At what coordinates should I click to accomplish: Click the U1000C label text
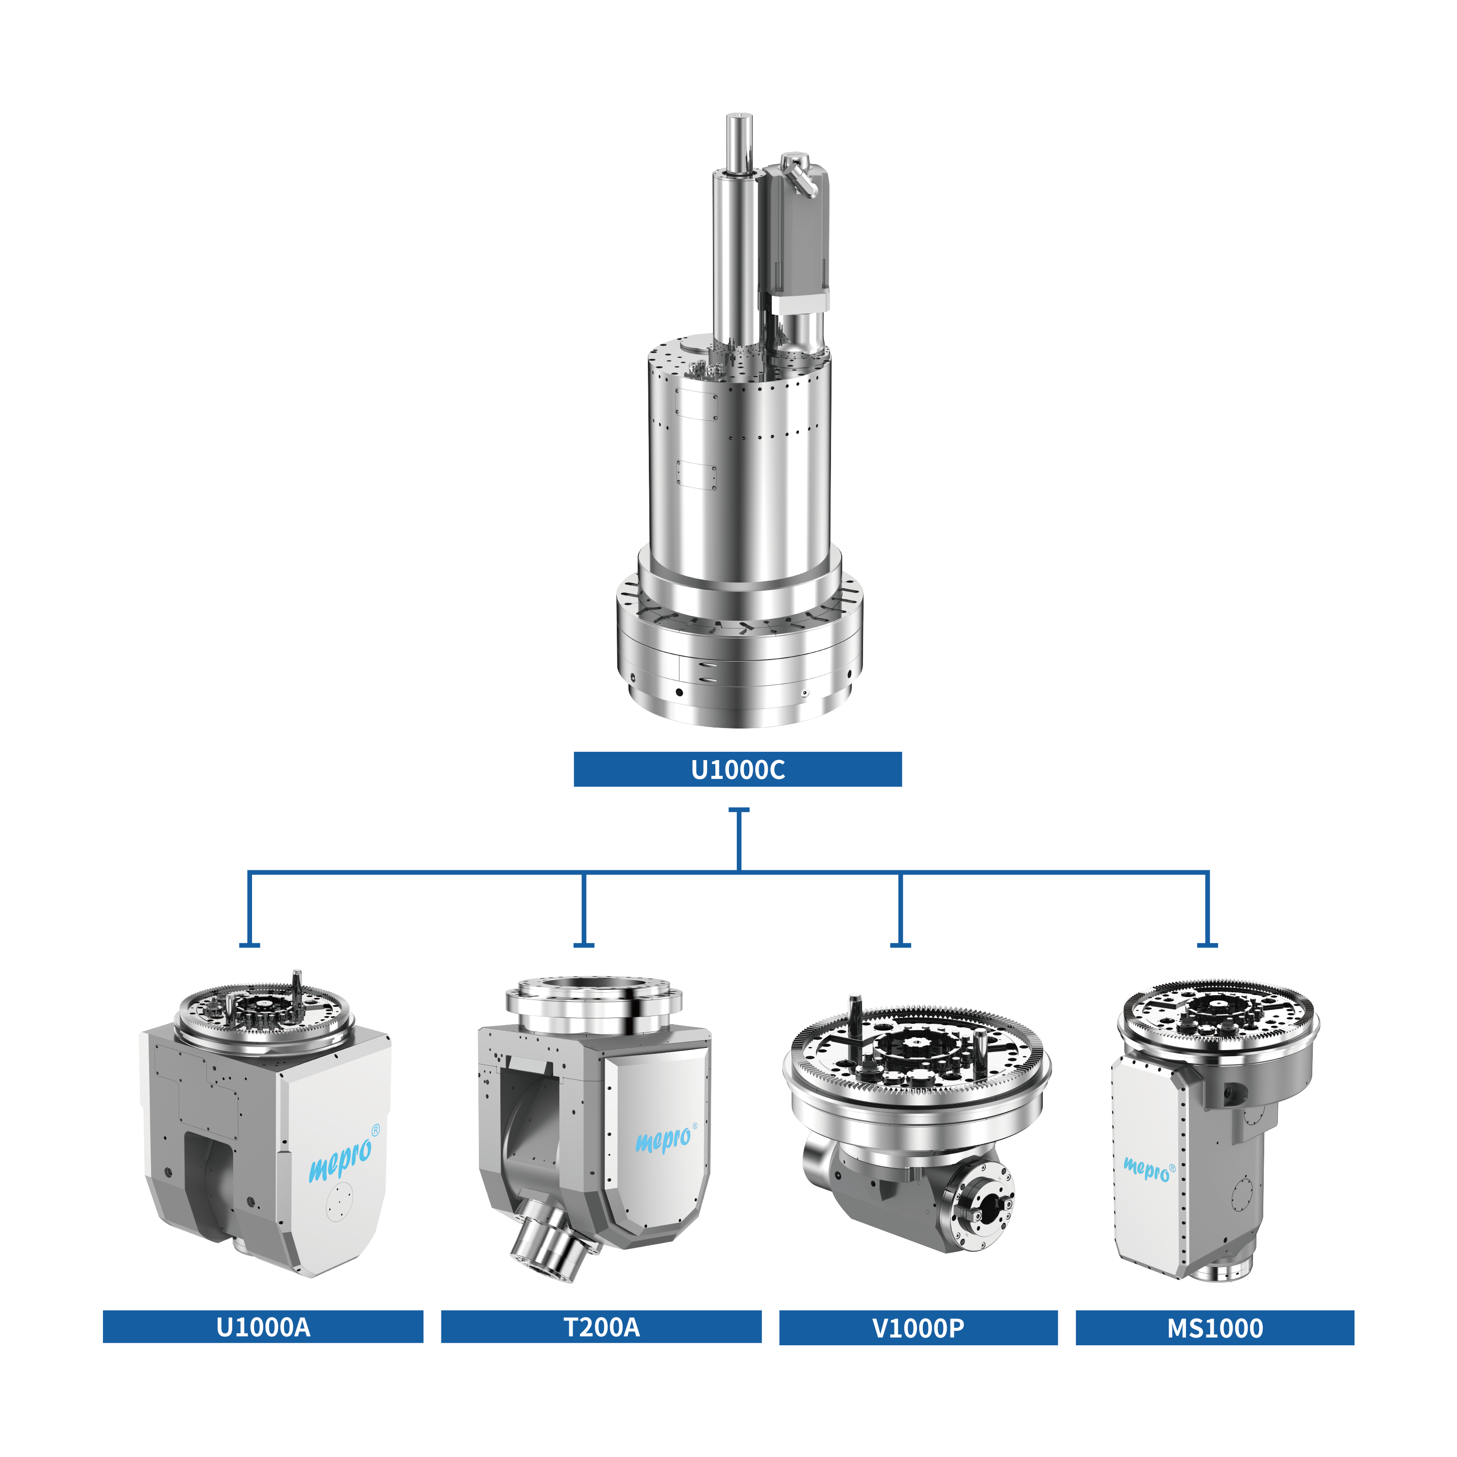(738, 770)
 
